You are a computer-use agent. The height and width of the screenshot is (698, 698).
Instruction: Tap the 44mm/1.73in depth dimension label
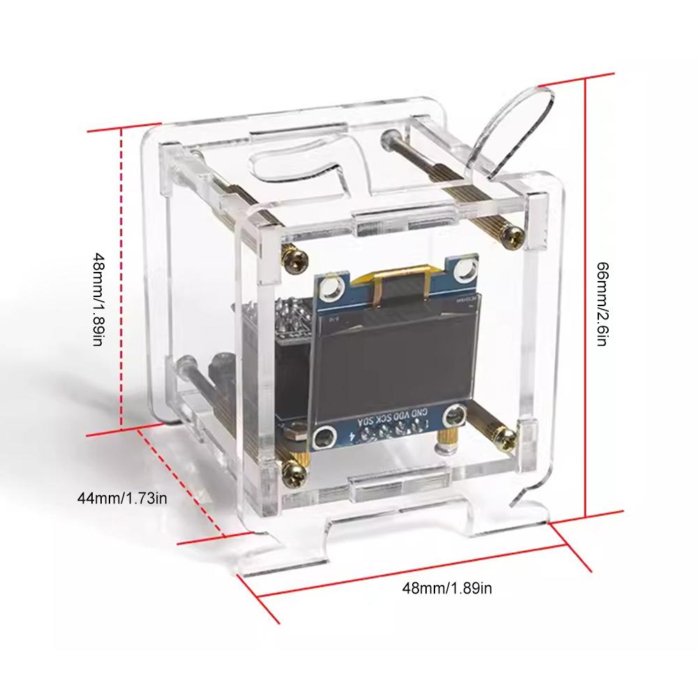[122, 498]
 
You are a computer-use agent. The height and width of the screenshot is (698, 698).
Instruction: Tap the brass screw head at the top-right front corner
[513, 237]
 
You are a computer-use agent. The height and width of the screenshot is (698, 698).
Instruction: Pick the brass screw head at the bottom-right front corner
[506, 437]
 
